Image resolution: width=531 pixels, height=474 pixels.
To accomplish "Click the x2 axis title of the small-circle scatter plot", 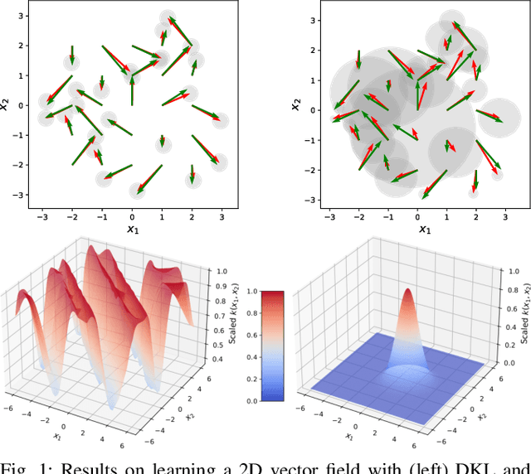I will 7,104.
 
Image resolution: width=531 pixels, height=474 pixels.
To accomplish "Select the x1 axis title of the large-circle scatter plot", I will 423,229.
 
